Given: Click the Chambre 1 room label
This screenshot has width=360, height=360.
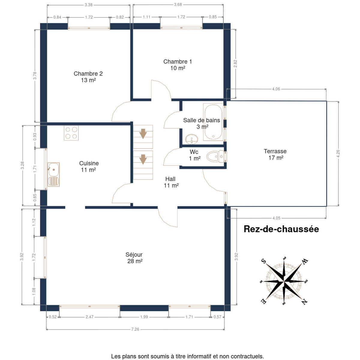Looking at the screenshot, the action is point(177,64).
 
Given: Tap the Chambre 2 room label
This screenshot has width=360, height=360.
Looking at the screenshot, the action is point(88,77).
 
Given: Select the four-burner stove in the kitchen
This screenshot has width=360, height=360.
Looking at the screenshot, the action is point(71,133).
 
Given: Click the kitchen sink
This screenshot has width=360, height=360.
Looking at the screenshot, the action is point(53,174).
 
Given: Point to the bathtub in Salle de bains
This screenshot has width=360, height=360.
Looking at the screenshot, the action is point(213,122).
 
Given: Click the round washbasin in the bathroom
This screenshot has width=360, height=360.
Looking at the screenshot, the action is point(192,139).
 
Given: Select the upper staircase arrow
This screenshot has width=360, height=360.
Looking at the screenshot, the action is point(143,133).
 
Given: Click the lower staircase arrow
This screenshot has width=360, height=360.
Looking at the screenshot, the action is point(143,159).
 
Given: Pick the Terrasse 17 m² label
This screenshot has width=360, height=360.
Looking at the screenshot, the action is point(275,154).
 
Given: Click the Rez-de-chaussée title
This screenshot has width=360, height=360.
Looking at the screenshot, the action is point(281,229).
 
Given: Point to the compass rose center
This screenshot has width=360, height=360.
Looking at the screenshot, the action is point(284,281).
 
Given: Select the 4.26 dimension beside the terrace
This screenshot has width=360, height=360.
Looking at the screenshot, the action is point(338,154).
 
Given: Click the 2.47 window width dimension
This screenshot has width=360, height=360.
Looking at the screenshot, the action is point(89,317).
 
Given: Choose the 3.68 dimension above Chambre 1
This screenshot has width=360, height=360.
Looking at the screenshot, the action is point(178,4).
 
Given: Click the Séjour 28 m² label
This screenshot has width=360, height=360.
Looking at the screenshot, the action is point(134,258).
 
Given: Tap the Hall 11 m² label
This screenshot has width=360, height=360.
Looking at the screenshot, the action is point(171,182).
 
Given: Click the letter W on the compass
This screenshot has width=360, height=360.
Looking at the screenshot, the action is point(305,261).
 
